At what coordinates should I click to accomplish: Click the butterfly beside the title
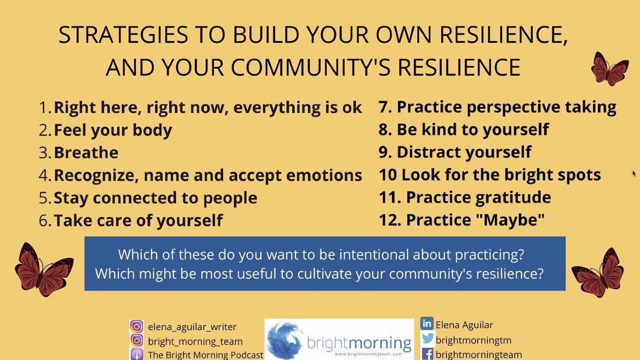click(x=610, y=69)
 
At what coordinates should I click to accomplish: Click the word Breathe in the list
click(x=86, y=153)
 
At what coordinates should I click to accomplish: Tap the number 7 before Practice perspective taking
click(x=383, y=107)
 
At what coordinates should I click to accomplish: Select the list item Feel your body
click(x=113, y=130)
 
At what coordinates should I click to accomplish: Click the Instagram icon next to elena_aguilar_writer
click(x=137, y=326)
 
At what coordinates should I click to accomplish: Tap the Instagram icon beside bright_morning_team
click(x=137, y=341)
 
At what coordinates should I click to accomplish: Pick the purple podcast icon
click(x=137, y=354)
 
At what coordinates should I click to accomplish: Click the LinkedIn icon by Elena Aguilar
click(x=427, y=324)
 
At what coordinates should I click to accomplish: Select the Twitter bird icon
click(x=427, y=339)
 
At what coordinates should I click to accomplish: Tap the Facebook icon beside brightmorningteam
click(x=427, y=354)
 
